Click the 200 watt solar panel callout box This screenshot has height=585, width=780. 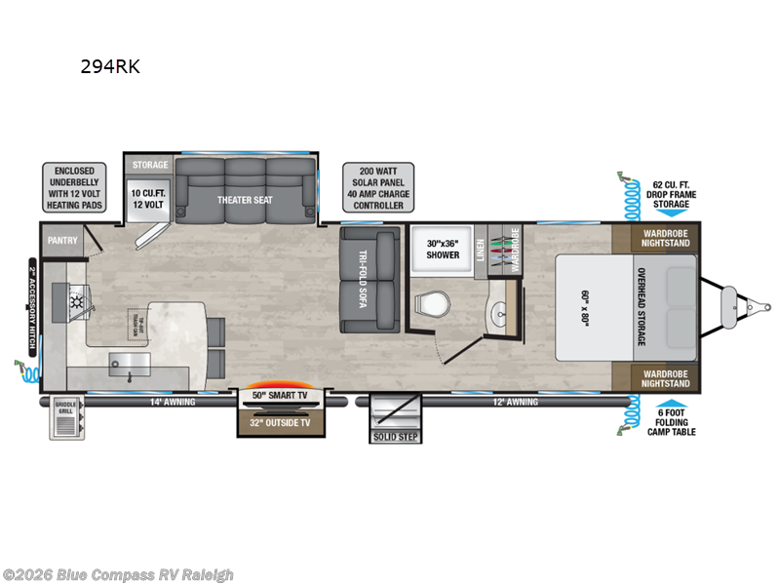coord(377,187)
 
